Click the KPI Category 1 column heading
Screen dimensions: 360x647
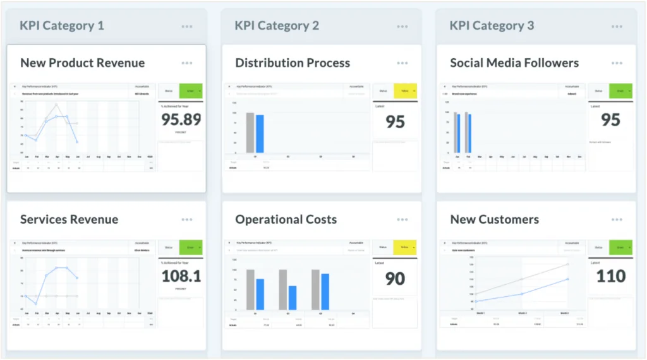[x=62, y=26]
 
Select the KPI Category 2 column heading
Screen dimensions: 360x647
[x=277, y=26]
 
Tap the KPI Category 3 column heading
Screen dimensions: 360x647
[x=492, y=26]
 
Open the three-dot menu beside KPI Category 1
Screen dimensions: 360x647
[x=187, y=27]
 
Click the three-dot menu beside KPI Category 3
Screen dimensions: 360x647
[x=617, y=27]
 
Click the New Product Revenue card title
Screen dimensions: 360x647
[x=82, y=63]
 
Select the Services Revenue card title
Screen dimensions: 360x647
[x=69, y=220]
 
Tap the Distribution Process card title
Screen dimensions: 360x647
[x=293, y=63]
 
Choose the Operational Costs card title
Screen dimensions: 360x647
[x=286, y=220]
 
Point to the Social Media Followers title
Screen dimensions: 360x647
[x=514, y=63]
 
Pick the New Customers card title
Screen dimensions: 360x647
[x=494, y=220]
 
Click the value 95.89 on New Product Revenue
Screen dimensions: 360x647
[x=181, y=120]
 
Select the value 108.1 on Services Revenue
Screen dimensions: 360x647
[x=181, y=276]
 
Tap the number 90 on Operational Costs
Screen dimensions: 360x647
[x=396, y=279]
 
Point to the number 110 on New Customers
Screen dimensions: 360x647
[x=610, y=276]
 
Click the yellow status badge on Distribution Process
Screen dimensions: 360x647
[x=406, y=91]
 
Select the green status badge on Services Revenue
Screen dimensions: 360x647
[x=191, y=248]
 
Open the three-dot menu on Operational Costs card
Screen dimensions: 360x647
[x=402, y=220]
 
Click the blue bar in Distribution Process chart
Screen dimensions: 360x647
[x=260, y=133]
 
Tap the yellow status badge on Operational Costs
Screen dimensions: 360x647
[x=406, y=248]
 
